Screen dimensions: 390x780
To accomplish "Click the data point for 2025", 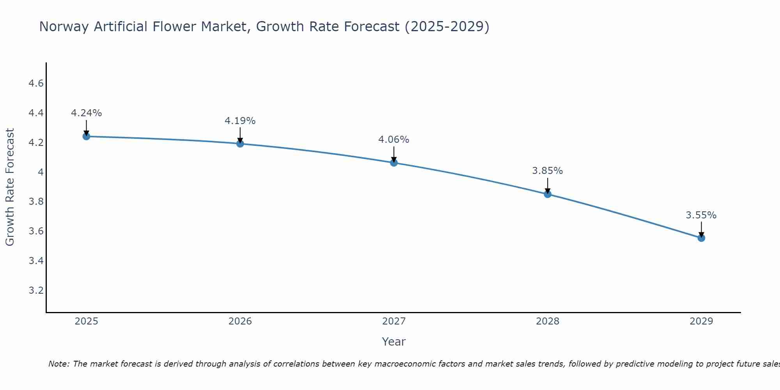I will pyautogui.click(x=86, y=136).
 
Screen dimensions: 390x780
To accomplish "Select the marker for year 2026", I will pyautogui.click(x=240, y=144).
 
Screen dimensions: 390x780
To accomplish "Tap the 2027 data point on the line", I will pyautogui.click(x=394, y=163).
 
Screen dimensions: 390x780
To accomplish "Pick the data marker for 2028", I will pyautogui.click(x=548, y=194).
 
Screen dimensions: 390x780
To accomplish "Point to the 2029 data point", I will pyautogui.click(x=701, y=238).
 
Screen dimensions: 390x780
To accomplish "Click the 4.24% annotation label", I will pyautogui.click(x=86, y=113).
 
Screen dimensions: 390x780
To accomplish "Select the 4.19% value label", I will pyautogui.click(x=240, y=121).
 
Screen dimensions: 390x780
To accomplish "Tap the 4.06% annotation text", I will pyautogui.click(x=394, y=140).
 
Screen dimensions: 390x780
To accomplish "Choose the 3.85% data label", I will pyautogui.click(x=547, y=171).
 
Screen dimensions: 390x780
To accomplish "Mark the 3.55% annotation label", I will pyautogui.click(x=701, y=215).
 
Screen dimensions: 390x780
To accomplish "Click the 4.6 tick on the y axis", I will pyautogui.click(x=36, y=83).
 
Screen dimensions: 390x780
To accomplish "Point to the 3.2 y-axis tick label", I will pyautogui.click(x=36, y=291).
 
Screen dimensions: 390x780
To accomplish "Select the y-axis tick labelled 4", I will pyautogui.click(x=40, y=172).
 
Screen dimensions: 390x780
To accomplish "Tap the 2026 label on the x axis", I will pyautogui.click(x=240, y=321).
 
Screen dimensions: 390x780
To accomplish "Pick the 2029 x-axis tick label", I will pyautogui.click(x=701, y=321).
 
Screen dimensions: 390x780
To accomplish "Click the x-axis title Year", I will pyautogui.click(x=394, y=342).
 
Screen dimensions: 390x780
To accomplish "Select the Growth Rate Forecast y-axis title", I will pyautogui.click(x=10, y=187).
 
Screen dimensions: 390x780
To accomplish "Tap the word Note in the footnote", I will pyautogui.click(x=58, y=364).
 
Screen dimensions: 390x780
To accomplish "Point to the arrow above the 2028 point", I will pyautogui.click(x=548, y=186).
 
